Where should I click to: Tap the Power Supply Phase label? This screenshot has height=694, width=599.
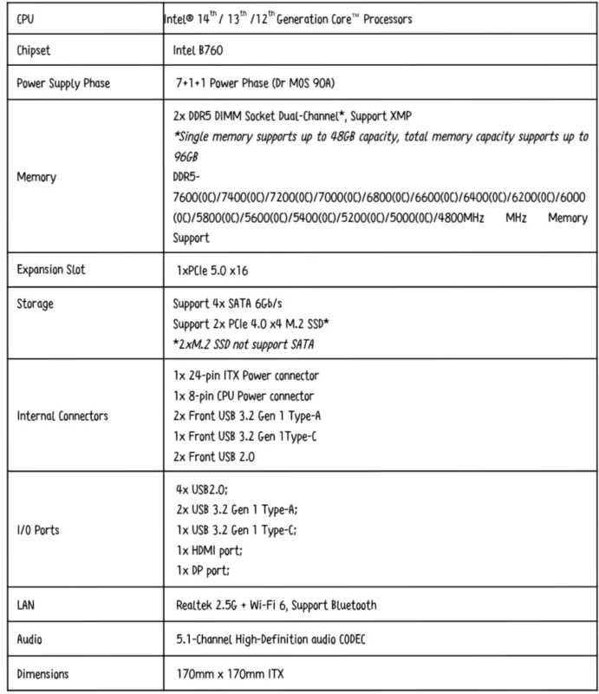pyautogui.click(x=64, y=84)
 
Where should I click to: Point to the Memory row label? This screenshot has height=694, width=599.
pyautogui.click(x=37, y=177)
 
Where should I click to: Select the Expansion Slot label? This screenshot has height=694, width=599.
pyautogui.click(x=51, y=270)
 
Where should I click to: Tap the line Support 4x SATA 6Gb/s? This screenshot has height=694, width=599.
pyautogui.click(x=230, y=303)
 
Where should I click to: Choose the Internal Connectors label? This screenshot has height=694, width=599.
pyautogui.click(x=63, y=416)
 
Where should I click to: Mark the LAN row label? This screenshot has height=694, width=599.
pyautogui.click(x=28, y=604)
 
